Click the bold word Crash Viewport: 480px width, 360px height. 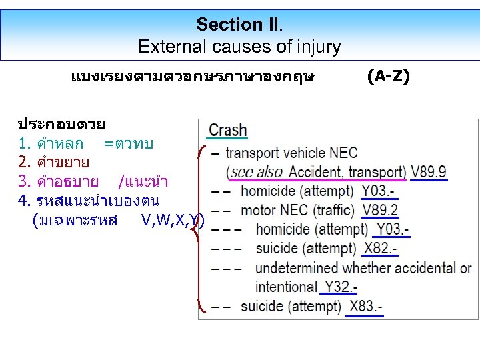pyautogui.click(x=228, y=130)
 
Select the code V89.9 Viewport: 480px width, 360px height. pyautogui.click(x=429, y=172)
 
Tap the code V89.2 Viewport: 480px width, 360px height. pyautogui.click(x=381, y=210)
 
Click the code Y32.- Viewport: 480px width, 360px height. pyautogui.click(x=340, y=287)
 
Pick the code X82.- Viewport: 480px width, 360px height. pyautogui.click(x=380, y=249)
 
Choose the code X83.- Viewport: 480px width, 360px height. pyautogui.click(x=365, y=307)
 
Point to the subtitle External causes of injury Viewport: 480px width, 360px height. pyautogui.click(x=239, y=47)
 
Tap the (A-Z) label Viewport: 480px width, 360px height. pyautogui.click(x=389, y=77)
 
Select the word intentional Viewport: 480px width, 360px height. pyautogui.click(x=285, y=287)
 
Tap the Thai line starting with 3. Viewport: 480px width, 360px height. pyautogui.click(x=93, y=181)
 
